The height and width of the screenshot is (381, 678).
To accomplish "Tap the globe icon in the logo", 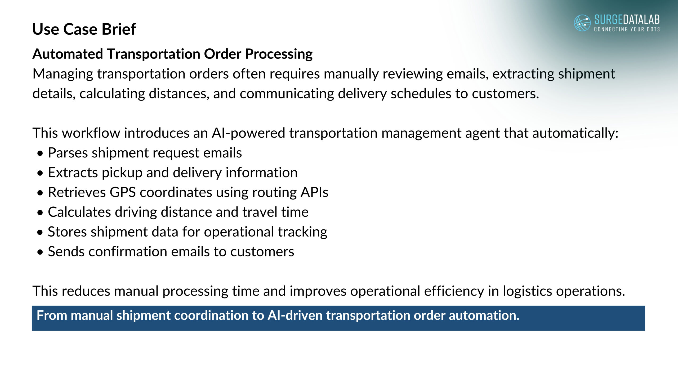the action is tap(582, 23).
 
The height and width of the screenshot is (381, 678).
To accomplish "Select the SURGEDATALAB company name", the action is tap(627, 20).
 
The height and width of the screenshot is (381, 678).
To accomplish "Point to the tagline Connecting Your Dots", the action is tap(627, 29).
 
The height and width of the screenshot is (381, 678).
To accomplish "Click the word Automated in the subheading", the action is tap(68, 54).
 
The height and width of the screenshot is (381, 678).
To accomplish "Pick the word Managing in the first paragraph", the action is tap(63, 74).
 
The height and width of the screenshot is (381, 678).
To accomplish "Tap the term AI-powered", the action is tap(248, 133).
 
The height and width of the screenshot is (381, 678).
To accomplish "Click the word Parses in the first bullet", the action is tap(68, 153).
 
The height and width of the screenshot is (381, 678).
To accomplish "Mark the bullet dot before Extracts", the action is tap(40, 173).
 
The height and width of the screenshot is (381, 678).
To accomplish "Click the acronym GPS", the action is tap(123, 192).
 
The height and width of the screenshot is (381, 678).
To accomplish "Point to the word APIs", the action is tap(314, 192).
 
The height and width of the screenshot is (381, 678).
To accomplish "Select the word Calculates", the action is tap(79, 212).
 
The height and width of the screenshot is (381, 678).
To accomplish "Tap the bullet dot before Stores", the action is tap(40, 233).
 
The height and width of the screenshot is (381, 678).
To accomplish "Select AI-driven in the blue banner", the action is tap(295, 315).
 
